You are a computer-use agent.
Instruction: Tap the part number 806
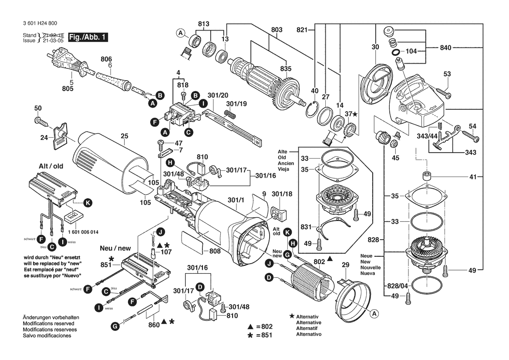pos(107,59)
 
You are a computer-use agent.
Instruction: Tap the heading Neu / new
pos(115,248)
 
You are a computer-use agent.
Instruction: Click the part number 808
pos(215,251)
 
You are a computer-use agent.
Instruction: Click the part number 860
pos(153,325)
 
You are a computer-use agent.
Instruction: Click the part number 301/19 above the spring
pos(236,104)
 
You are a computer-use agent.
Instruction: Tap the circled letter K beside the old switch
pos(88,203)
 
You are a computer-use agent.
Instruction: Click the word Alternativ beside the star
pos(308,316)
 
